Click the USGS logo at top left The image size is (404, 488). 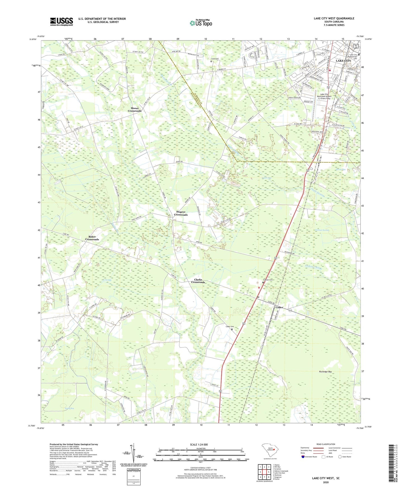62,22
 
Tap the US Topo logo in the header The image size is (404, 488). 201,23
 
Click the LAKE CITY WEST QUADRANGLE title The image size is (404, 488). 334,18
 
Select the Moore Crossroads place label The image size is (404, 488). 135,110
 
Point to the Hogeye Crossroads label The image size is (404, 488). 181,213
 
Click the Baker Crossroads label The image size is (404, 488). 92,238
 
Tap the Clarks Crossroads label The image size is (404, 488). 198,281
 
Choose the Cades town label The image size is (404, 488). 279,307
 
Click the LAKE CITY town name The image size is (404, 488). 343,61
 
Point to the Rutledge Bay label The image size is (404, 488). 325,372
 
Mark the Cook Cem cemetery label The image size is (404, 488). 215,59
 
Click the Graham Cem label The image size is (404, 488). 268,280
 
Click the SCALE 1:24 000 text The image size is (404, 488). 199,444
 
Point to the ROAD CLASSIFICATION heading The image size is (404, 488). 326,444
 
